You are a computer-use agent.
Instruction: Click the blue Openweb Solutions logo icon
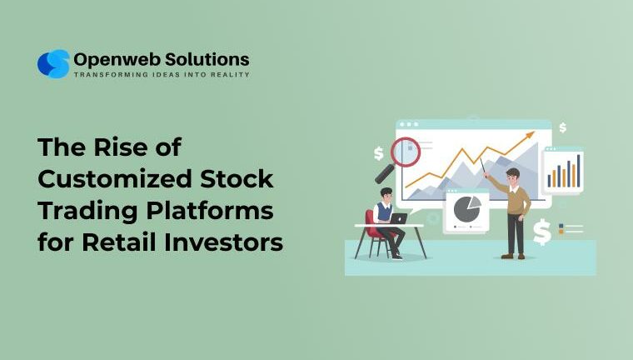click(x=53, y=64)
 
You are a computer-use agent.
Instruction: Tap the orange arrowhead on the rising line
click(x=529, y=133)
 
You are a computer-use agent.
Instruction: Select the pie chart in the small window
click(x=467, y=208)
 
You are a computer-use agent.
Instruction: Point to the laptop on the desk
click(x=398, y=219)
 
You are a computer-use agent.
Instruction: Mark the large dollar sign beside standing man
click(x=542, y=233)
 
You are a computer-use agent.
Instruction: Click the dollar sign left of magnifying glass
click(x=379, y=153)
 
